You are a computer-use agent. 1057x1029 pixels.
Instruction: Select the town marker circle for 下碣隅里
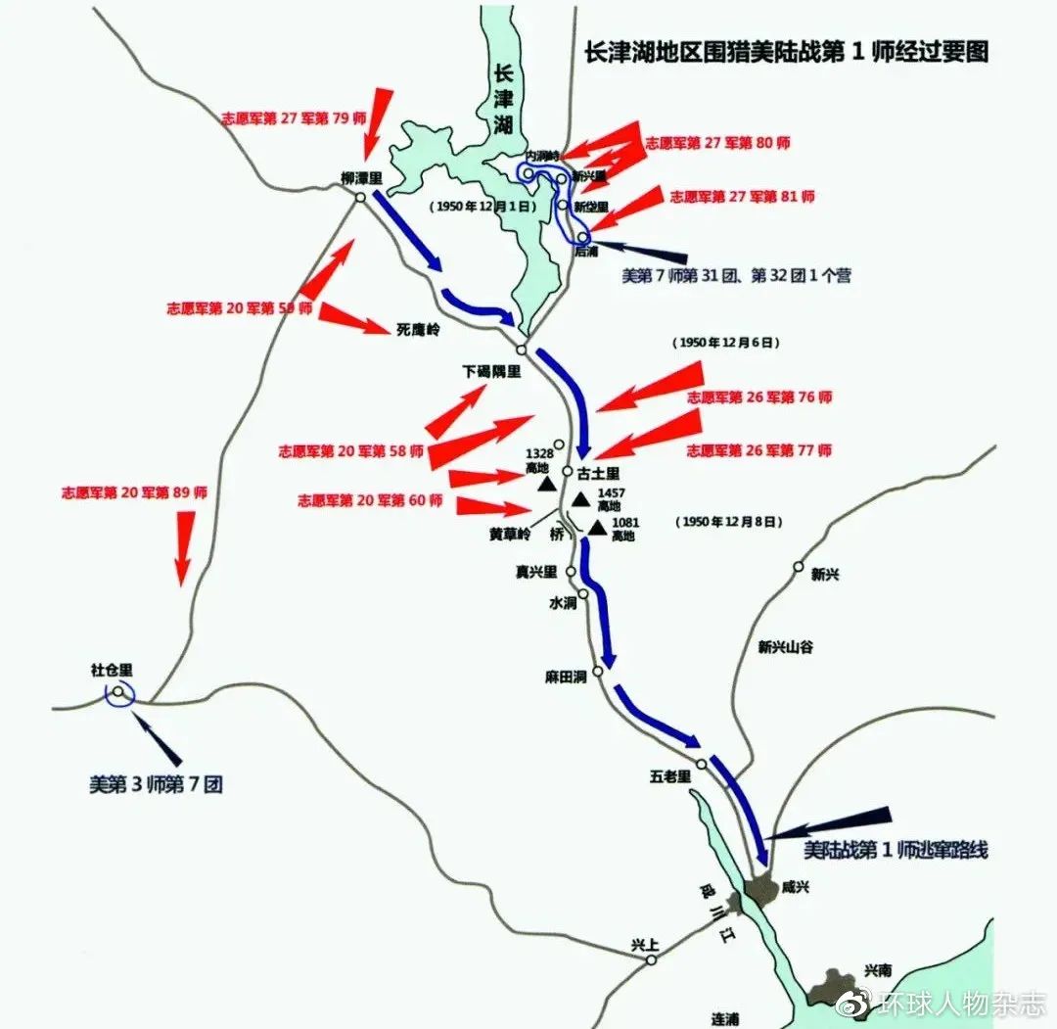click(x=522, y=350)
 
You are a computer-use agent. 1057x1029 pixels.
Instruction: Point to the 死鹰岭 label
click(x=418, y=330)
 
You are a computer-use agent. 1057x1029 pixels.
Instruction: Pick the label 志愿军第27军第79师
click(x=286, y=117)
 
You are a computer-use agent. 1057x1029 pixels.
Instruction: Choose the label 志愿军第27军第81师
click(x=742, y=196)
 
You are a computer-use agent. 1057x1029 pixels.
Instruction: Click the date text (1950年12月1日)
click(x=484, y=207)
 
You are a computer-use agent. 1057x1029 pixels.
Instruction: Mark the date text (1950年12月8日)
click(x=727, y=522)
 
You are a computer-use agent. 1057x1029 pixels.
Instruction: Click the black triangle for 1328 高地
click(x=548, y=484)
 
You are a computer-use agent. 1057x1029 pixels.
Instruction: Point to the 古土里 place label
click(x=598, y=473)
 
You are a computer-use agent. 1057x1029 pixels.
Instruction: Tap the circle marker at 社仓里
click(x=118, y=692)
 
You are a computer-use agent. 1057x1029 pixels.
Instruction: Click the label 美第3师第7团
click(x=156, y=784)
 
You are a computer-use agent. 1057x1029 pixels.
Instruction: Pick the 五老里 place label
click(x=670, y=776)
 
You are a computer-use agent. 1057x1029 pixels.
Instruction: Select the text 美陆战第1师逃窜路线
click(x=895, y=850)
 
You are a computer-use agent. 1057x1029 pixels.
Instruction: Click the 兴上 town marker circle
click(x=651, y=960)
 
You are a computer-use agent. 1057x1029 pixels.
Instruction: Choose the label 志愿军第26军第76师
click(x=758, y=398)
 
